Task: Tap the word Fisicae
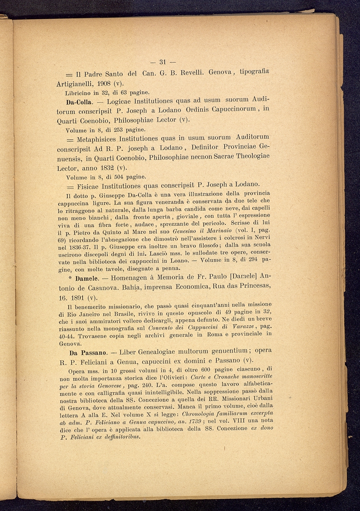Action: point(88,186)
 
